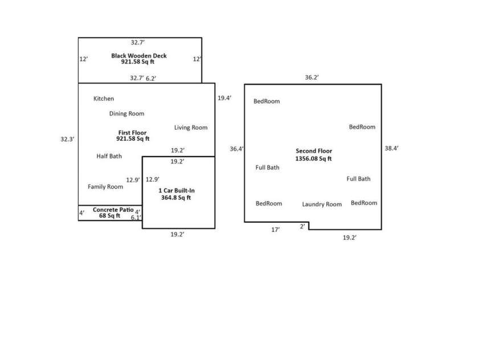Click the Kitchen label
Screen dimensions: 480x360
pyautogui.click(x=104, y=99)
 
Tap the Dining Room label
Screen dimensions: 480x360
pyautogui.click(x=126, y=113)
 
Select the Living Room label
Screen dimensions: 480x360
pyautogui.click(x=191, y=128)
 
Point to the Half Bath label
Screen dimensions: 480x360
pyautogui.click(x=109, y=156)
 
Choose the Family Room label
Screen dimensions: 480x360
pyautogui.click(x=105, y=187)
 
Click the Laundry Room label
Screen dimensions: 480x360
pyautogui.click(x=322, y=204)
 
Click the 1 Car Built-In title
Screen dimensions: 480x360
pyautogui.click(x=176, y=190)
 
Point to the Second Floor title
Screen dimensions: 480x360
pyautogui.click(x=313, y=152)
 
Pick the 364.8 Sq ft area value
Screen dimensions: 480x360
pyautogui.click(x=176, y=198)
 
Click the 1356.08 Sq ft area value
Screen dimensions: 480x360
pyautogui.click(x=313, y=159)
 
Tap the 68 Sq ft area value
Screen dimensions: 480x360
pyautogui.click(x=109, y=216)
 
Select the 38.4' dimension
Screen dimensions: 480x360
pyautogui.click(x=392, y=148)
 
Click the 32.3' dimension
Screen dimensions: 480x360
pyautogui.click(x=68, y=139)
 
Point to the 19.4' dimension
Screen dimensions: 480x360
pyautogui.click(x=224, y=98)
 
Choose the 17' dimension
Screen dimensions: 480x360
pyautogui.click(x=276, y=230)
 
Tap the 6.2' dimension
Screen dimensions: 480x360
pyautogui.click(x=151, y=79)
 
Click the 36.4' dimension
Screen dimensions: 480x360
pyautogui.click(x=237, y=149)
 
